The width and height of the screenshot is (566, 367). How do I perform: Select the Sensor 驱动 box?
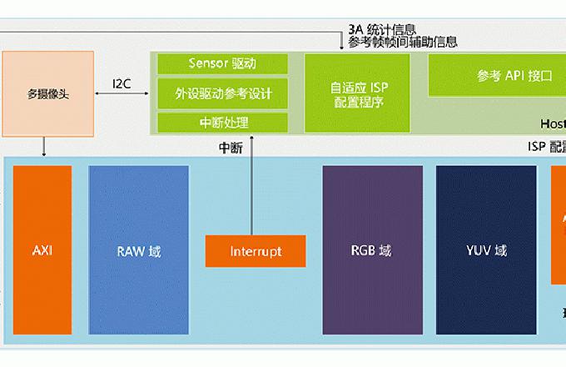point(222,63)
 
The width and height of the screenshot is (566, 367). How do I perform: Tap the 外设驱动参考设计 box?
point(222,93)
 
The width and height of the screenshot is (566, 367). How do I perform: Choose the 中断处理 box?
point(222,123)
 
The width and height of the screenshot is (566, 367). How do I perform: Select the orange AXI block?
point(42,249)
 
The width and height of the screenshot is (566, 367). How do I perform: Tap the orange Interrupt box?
point(256,250)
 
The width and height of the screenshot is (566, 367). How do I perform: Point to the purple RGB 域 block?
point(371,249)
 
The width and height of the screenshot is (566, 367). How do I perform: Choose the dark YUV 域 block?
point(486,249)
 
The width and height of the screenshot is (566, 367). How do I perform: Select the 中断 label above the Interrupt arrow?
point(231,148)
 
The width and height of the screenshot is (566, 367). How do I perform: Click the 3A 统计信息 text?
point(382,29)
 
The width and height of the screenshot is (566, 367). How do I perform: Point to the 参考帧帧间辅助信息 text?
point(403,42)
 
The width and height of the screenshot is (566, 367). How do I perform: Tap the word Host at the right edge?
point(553,123)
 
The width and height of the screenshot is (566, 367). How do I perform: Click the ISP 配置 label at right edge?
point(546,146)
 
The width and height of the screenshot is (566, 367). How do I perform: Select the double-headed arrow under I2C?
point(121,95)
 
